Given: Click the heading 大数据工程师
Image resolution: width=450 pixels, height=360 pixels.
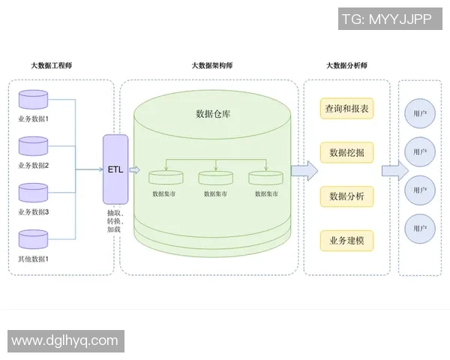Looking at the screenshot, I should (52, 66).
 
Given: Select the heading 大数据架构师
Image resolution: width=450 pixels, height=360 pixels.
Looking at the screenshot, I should (212, 66).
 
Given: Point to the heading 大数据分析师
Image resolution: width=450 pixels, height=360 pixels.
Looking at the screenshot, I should (346, 66).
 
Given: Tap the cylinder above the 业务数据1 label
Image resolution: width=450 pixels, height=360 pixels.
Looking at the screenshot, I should (32, 100).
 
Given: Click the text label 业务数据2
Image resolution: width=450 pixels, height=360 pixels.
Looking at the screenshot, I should (33, 165).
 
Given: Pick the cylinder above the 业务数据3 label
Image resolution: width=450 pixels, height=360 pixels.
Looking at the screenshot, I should (32, 193).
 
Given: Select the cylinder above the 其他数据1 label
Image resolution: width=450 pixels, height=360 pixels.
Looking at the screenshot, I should (32, 240).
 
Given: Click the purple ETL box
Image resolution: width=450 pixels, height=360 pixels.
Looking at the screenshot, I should (115, 169).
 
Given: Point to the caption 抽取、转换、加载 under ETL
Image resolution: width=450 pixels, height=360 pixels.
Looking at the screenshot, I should (115, 222).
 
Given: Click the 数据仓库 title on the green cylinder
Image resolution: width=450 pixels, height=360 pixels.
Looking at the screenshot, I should (212, 114).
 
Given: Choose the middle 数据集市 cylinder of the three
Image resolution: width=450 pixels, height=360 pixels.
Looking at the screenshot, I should (216, 178).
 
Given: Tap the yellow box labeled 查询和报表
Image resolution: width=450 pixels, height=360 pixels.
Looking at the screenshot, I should (346, 109).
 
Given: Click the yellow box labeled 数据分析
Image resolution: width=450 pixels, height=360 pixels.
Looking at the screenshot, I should (346, 196).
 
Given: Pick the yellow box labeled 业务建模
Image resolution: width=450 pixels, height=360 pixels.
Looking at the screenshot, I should (346, 241).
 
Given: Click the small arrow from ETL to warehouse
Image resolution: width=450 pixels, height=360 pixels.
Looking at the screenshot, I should (134, 170).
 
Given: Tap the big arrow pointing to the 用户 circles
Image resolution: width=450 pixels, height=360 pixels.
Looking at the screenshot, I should (394, 170).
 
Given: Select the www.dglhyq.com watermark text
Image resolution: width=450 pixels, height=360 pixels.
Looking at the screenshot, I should (64, 340).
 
